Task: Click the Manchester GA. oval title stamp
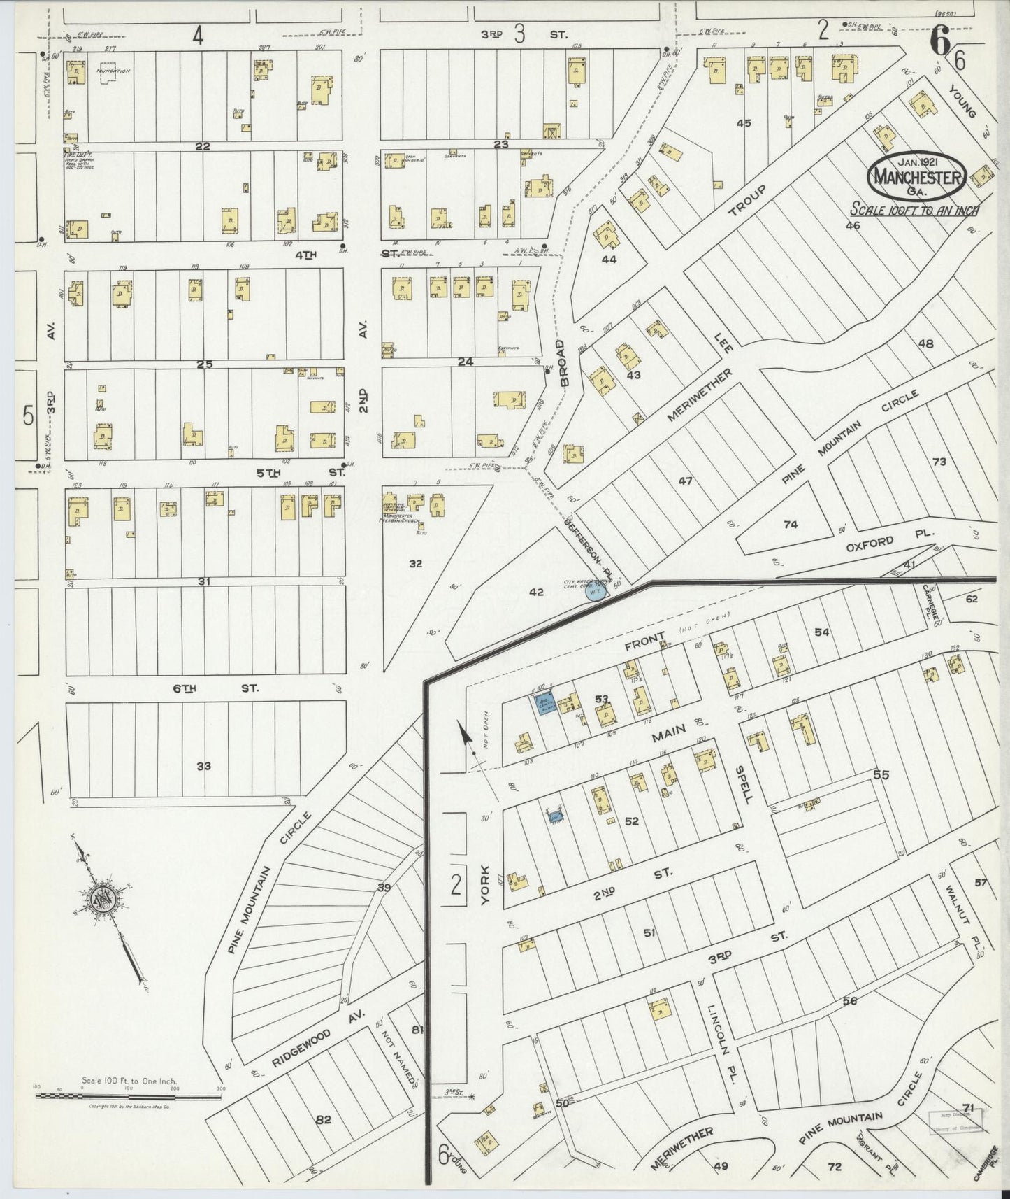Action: (917, 178)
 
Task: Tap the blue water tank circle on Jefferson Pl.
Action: (594, 594)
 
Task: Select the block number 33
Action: (203, 766)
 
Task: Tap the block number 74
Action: (791, 524)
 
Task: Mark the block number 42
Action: (536, 592)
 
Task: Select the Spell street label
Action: (741, 784)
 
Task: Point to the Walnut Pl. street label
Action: (965, 914)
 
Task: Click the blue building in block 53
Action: (542, 703)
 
